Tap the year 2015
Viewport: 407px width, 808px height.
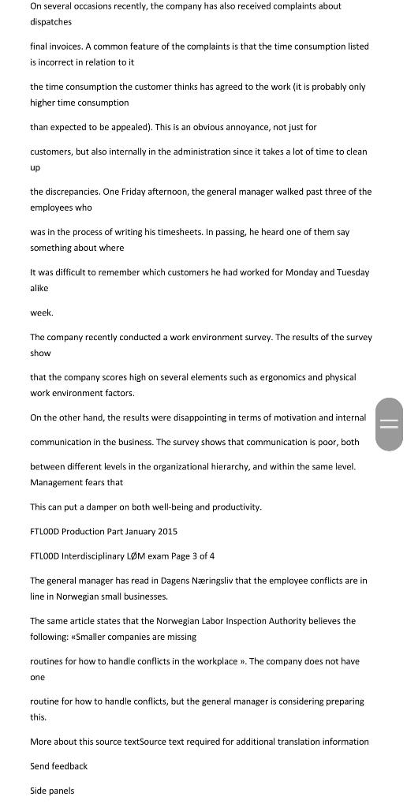pyautogui.click(x=166, y=532)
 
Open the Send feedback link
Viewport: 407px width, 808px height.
pyautogui.click(x=58, y=766)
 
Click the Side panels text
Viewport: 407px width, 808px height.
pyautogui.click(x=52, y=791)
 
